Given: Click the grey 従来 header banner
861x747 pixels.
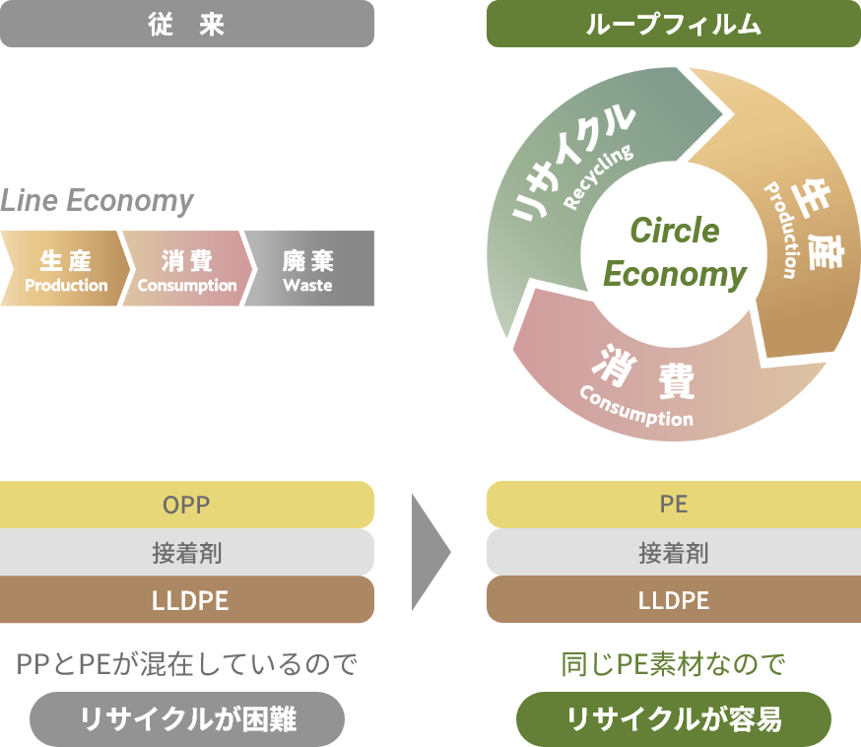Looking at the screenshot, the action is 187,24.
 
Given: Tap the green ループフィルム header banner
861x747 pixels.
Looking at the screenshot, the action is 674,24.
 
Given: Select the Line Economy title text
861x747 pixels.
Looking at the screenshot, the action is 97,200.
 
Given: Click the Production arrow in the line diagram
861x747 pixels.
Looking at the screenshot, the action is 65,268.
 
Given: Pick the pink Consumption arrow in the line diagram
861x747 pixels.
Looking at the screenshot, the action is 187,268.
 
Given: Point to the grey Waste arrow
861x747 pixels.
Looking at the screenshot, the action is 309,268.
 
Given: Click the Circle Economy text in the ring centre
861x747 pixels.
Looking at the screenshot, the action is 674,251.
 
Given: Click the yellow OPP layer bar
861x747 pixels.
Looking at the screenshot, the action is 187,505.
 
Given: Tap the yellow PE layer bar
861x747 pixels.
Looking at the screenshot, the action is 674,505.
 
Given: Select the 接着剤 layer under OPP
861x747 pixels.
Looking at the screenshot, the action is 187,552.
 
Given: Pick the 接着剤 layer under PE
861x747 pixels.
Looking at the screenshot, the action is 674,552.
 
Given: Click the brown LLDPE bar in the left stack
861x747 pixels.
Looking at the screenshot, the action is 187,599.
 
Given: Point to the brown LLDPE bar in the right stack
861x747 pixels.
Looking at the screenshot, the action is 674,599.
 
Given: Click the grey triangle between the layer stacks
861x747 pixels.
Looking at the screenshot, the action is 428,552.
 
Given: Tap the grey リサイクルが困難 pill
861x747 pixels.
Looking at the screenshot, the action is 187,719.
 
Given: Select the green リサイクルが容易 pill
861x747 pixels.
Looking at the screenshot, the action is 674,719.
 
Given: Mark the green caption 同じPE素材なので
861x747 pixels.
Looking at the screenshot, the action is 673,664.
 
